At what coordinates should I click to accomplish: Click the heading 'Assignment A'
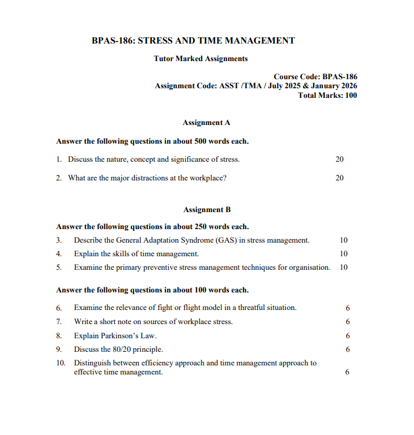(206, 122)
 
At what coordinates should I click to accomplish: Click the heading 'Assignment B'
(207, 209)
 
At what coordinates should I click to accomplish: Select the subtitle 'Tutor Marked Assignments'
(200, 58)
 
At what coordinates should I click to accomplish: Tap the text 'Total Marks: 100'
(327, 95)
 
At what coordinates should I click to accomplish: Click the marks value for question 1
(339, 160)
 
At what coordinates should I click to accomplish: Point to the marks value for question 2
(339, 178)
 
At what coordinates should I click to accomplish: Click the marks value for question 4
(344, 254)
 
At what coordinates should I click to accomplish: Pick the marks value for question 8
(347, 336)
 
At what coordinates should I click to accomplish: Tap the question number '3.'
(59, 240)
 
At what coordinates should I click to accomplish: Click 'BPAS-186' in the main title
(112, 41)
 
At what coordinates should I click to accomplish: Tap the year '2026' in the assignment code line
(345, 86)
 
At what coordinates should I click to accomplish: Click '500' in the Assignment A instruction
(201, 141)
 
